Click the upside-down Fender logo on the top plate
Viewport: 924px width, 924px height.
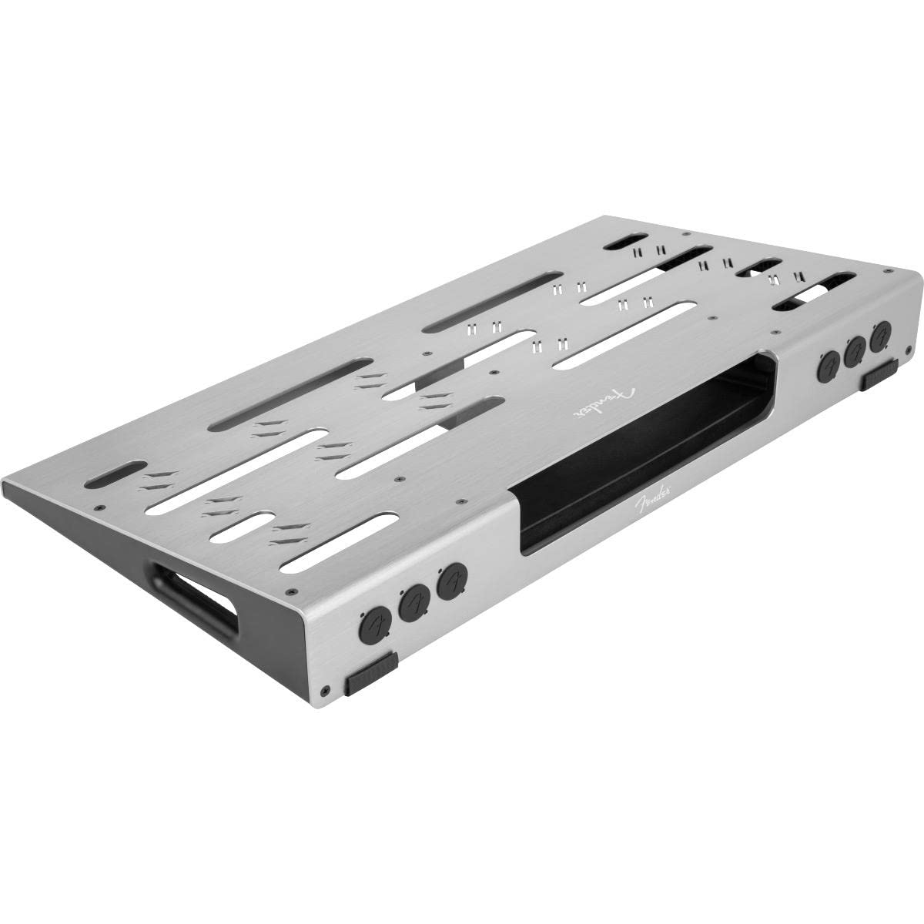point(605,403)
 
